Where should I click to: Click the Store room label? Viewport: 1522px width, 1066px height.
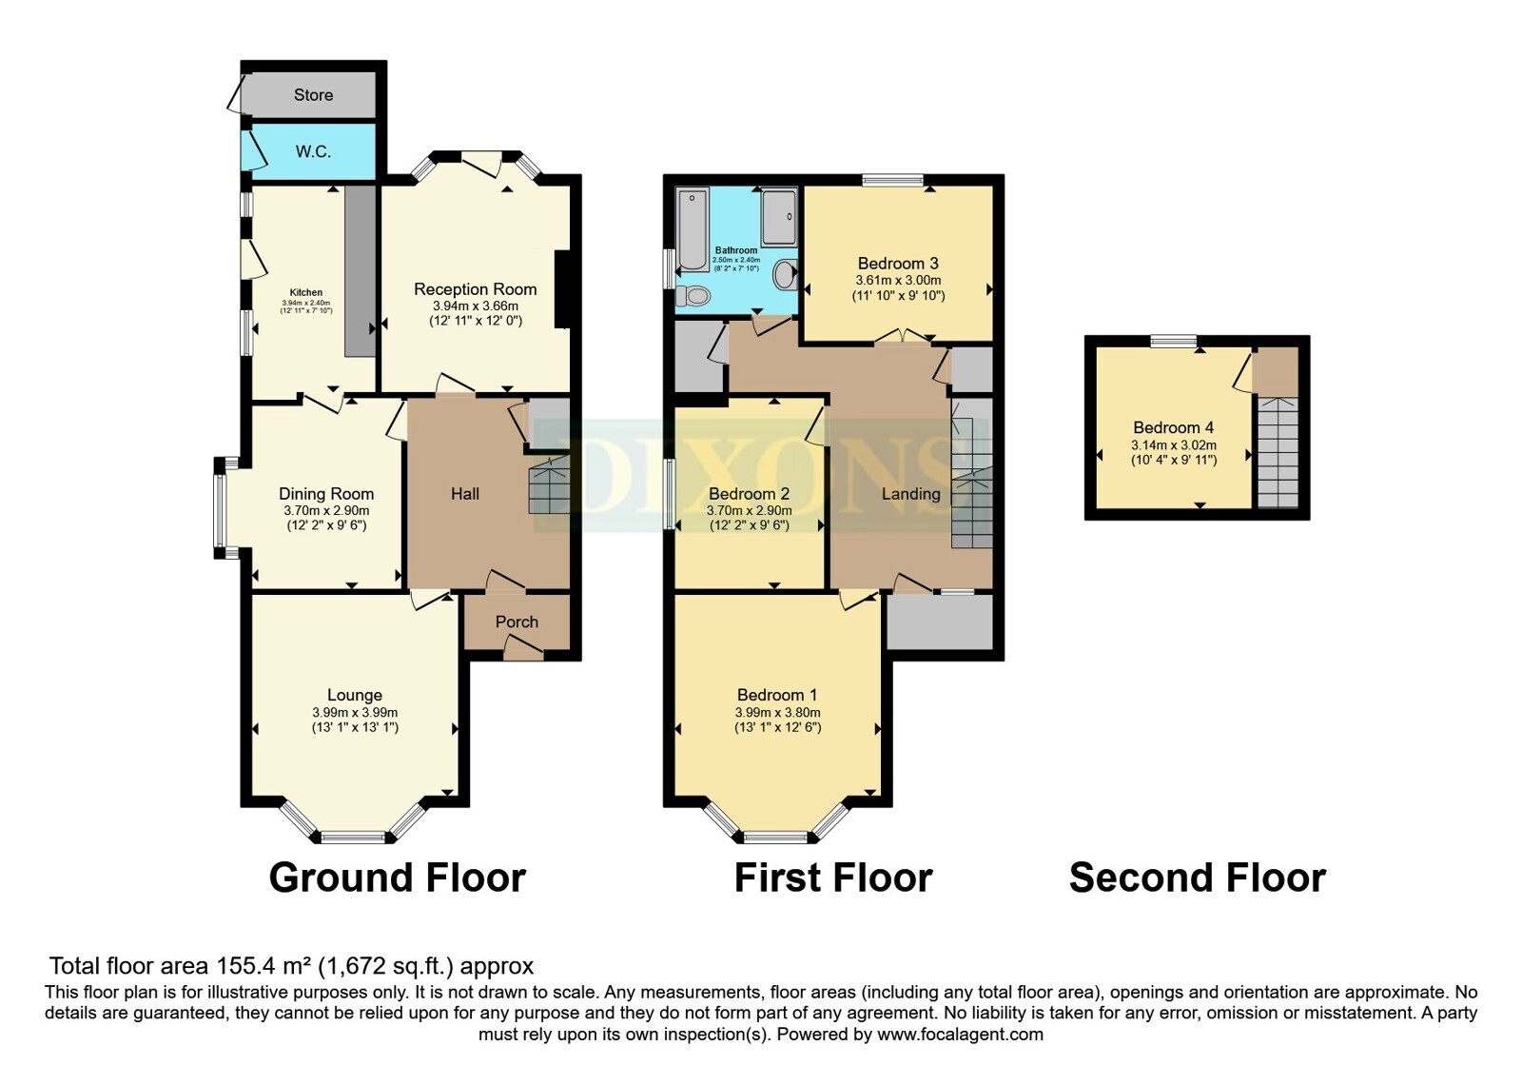click(x=313, y=95)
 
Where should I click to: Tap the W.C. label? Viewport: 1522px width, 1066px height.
click(x=313, y=151)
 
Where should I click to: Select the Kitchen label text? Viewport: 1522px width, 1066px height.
click(x=305, y=292)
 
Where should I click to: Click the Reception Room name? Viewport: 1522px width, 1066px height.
click(x=476, y=289)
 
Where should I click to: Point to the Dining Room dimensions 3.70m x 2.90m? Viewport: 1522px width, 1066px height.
click(x=327, y=510)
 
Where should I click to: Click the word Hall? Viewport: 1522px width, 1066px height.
click(x=465, y=494)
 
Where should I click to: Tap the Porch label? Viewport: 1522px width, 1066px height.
click(x=517, y=622)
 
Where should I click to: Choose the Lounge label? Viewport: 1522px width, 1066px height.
click(x=355, y=695)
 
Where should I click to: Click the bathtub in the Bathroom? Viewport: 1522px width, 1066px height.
click(x=693, y=228)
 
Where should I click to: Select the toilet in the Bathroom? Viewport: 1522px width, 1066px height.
click(x=693, y=296)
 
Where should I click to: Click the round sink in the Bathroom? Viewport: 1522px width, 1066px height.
click(x=786, y=275)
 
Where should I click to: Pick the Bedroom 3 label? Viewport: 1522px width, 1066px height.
click(x=898, y=263)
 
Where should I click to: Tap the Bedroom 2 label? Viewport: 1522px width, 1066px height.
click(x=749, y=494)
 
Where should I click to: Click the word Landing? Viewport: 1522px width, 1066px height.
click(x=910, y=494)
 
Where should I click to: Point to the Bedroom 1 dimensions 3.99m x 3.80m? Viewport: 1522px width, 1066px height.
click(x=777, y=713)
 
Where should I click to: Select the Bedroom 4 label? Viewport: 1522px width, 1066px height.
click(x=1174, y=427)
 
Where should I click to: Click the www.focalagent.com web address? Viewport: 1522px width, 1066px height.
click(x=960, y=1035)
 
